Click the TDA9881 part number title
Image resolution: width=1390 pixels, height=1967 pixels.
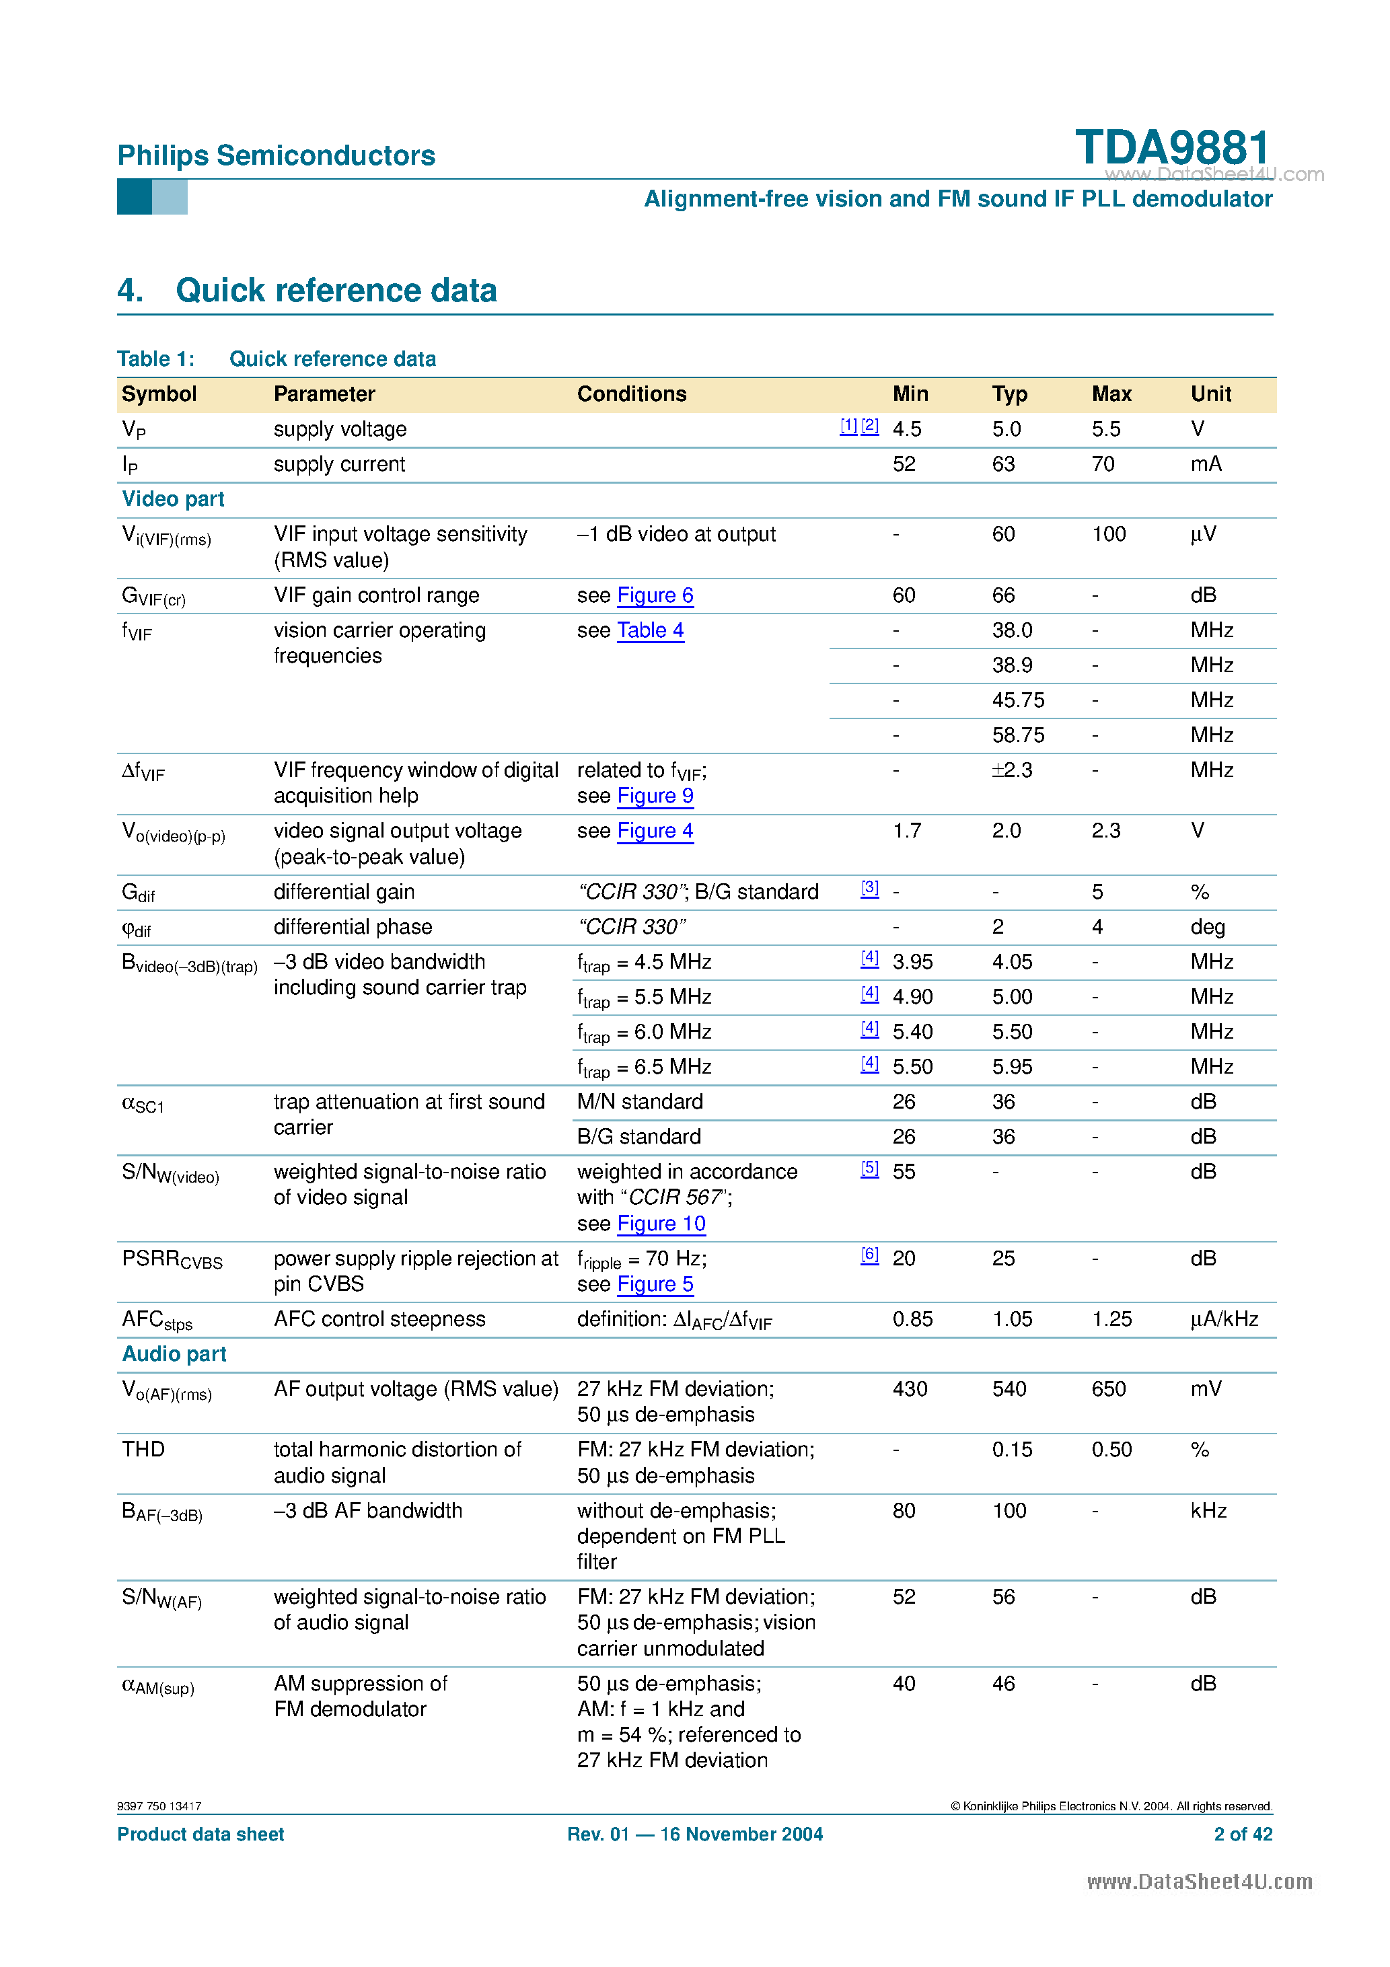tap(1171, 147)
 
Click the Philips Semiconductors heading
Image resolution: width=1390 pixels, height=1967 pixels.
tap(276, 155)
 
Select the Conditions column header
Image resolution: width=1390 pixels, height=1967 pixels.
tap(632, 394)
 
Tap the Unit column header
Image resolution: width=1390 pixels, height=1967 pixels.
tap(1210, 394)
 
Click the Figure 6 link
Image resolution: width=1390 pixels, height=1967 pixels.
tap(655, 595)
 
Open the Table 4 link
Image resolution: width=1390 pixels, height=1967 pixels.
tap(651, 630)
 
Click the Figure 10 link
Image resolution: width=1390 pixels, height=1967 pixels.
tap(661, 1224)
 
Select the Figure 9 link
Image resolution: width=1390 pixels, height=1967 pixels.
tap(655, 796)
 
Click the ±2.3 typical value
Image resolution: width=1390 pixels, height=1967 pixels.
tap(1011, 770)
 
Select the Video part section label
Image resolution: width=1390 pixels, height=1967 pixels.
tap(173, 498)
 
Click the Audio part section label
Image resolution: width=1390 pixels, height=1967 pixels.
tap(174, 1353)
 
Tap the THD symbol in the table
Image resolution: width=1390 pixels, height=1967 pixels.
tap(143, 1450)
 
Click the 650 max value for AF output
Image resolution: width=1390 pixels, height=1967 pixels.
tap(1108, 1388)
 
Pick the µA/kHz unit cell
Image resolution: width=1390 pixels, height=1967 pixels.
tap(1224, 1319)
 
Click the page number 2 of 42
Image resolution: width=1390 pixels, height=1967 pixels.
tap(1243, 1834)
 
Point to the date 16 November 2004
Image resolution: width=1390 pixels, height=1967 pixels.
tap(741, 1834)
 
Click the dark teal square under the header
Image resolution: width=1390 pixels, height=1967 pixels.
tap(134, 197)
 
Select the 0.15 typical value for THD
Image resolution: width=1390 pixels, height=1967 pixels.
tap(1011, 1450)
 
